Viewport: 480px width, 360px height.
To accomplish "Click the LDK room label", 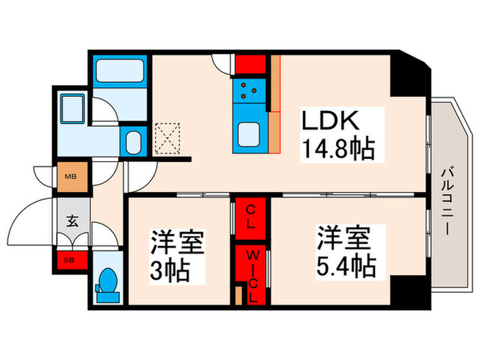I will [x=332, y=122].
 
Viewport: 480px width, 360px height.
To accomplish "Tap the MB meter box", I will [x=71, y=174].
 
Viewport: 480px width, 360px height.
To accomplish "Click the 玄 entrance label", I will [x=71, y=221].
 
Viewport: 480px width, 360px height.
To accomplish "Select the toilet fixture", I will [x=107, y=282].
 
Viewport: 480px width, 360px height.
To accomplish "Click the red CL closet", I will [x=251, y=215].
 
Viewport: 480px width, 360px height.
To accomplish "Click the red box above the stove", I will [x=250, y=64].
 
